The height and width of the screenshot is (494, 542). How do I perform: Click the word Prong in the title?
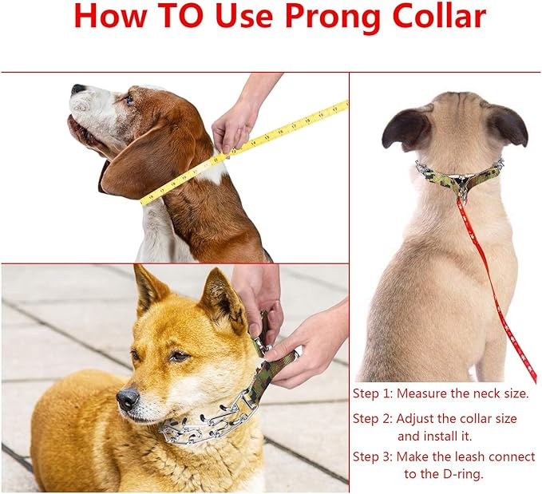[332, 18]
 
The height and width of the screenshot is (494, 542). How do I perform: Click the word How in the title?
[110, 16]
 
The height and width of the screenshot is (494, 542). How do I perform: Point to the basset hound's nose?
[77, 89]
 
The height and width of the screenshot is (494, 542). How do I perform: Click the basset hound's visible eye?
[129, 100]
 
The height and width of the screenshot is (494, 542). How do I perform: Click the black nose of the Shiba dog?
[128, 398]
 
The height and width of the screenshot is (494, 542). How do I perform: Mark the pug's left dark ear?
[406, 129]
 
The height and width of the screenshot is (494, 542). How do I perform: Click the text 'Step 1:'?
[373, 393]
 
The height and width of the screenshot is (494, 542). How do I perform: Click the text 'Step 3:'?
[373, 456]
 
